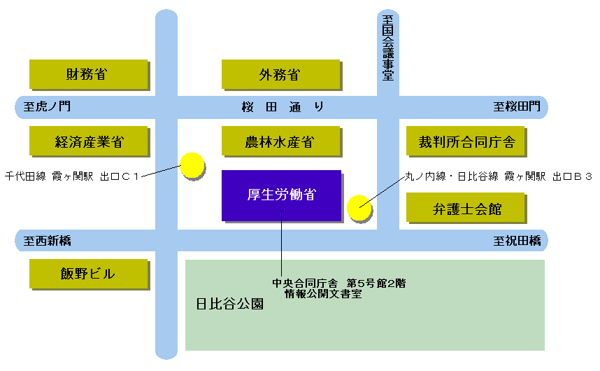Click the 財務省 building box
pos(88,74)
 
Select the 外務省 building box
pos(280,74)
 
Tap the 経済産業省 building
pos(88,141)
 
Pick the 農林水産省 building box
pos(280,141)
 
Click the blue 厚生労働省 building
pos(281,195)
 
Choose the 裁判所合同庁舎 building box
pos(465,141)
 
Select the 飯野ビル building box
pos(88,274)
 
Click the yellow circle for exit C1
pos(192,165)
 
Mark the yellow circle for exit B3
pos(359,208)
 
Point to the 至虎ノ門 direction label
pos(47,106)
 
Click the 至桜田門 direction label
pos(517,106)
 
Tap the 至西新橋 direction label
pos(47,240)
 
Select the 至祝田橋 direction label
pos(517,240)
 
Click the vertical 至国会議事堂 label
pos(387,48)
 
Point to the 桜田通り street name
pos(283,106)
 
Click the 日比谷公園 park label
pos(229,304)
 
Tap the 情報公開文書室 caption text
pos(323,294)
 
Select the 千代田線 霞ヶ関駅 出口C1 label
pos(71,176)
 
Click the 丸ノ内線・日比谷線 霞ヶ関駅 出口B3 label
pos(499,176)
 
